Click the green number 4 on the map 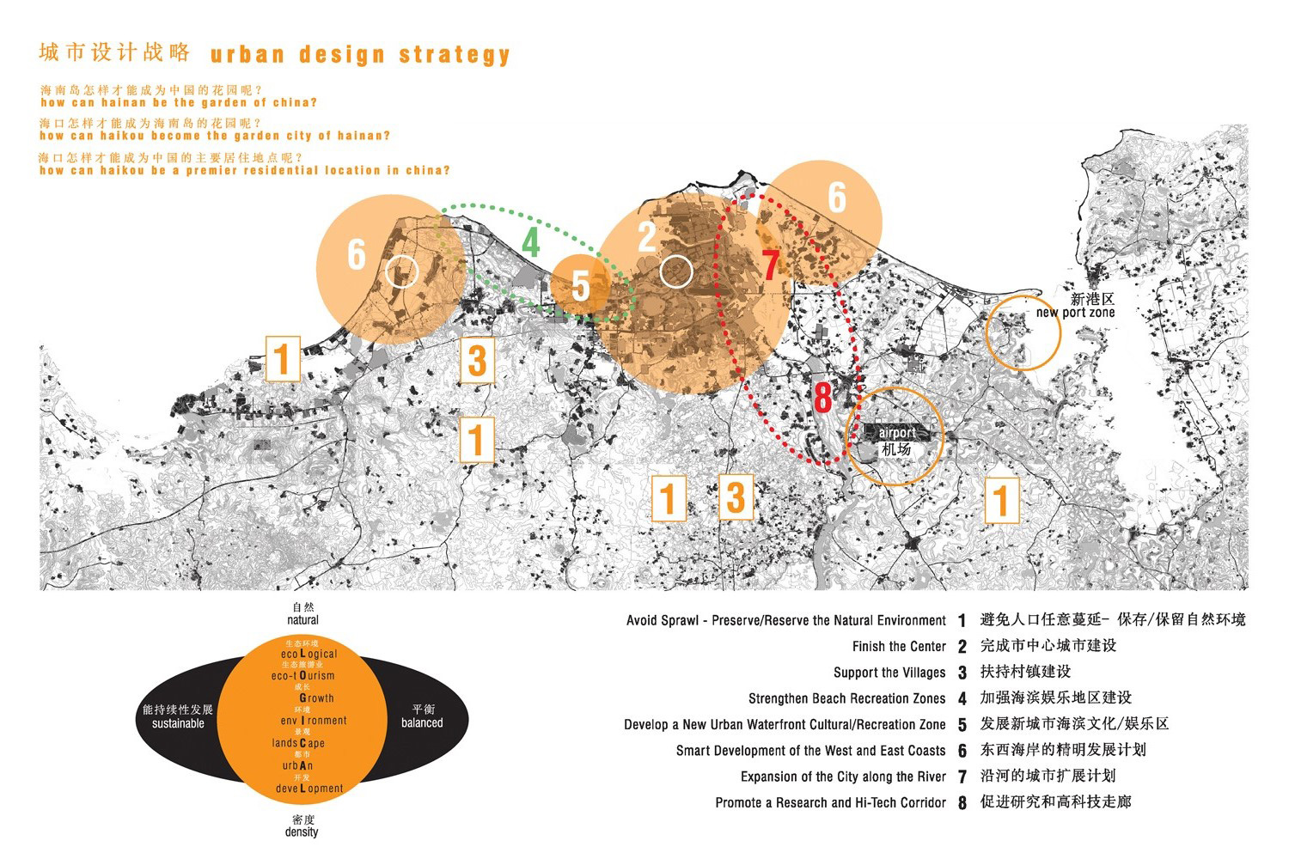click(531, 242)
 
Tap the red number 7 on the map click(770, 265)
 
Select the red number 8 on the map click(823, 398)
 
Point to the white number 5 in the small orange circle click(581, 286)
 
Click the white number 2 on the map click(647, 237)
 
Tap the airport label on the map click(897, 433)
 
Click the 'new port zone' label click(1075, 313)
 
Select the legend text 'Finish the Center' click(899, 647)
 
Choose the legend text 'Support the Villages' click(889, 673)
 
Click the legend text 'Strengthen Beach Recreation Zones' click(846, 698)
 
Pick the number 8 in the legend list click(962, 803)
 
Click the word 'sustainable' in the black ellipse click(178, 723)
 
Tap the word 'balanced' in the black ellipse click(422, 722)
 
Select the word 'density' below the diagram click(302, 832)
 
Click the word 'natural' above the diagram click(302, 619)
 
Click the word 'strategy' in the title click(455, 55)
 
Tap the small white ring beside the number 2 click(676, 271)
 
